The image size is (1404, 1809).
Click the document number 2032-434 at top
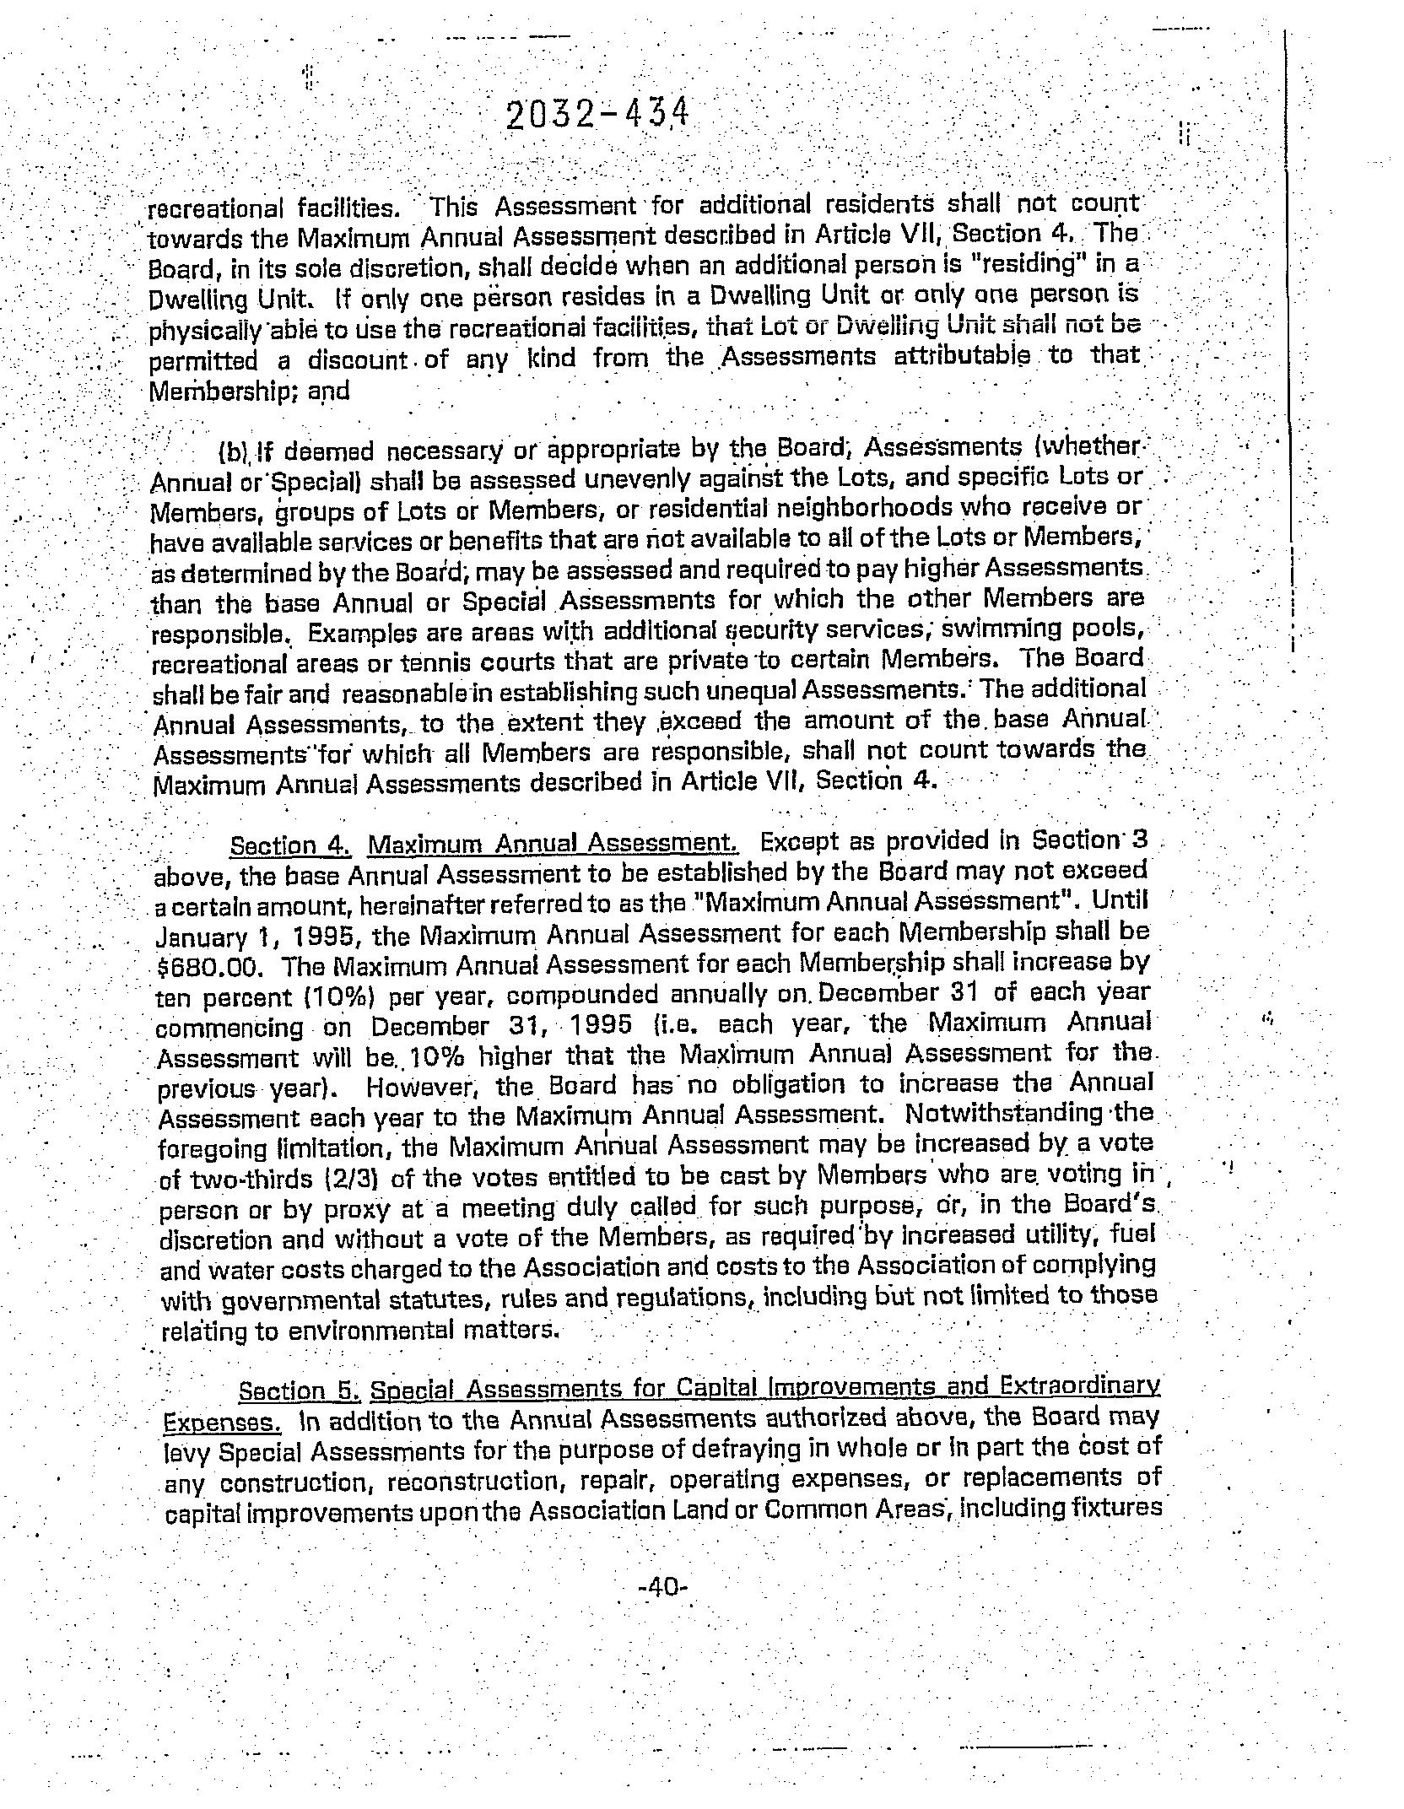(x=597, y=116)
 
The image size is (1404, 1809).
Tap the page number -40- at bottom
(x=666, y=1587)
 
